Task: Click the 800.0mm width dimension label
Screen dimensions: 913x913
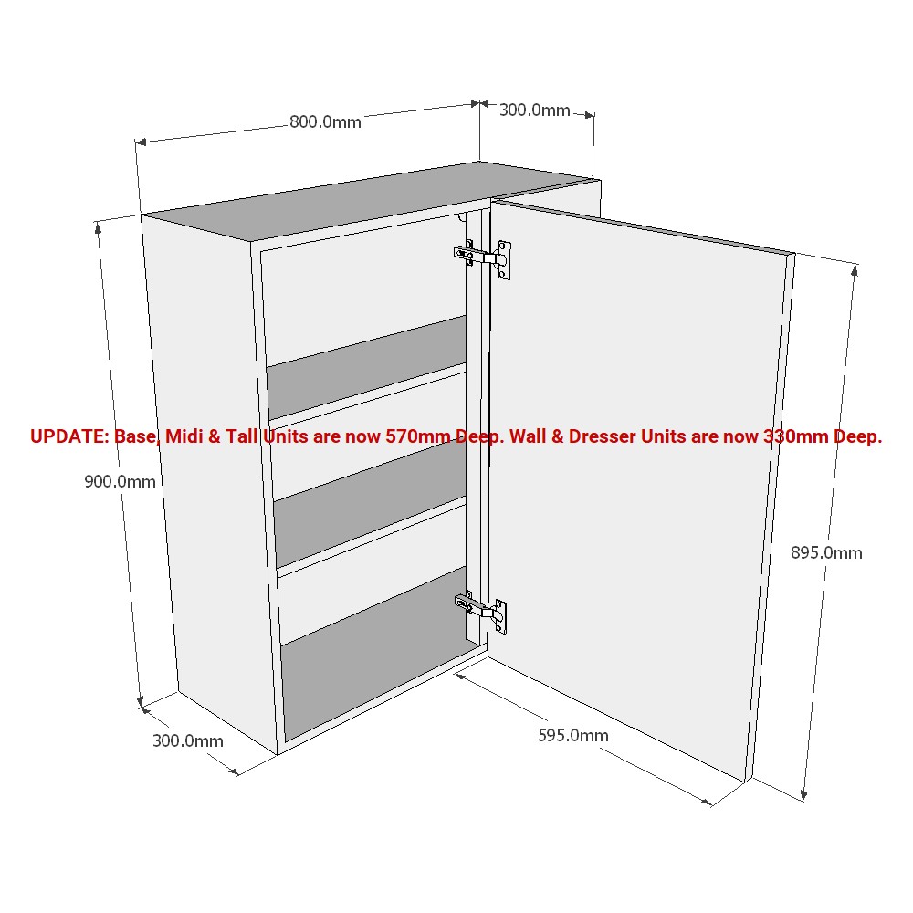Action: point(325,121)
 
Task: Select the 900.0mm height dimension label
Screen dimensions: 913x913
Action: point(120,481)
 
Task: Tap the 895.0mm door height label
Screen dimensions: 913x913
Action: point(826,552)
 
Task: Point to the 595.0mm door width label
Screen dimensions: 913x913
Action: point(573,735)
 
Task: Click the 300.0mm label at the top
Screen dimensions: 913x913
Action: point(534,110)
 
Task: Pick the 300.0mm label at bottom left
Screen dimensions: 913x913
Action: point(187,740)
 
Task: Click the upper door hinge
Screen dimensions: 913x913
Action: point(483,257)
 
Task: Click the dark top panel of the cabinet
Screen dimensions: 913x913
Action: point(367,199)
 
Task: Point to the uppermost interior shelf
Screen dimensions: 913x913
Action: point(367,368)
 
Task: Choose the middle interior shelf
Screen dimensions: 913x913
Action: point(371,504)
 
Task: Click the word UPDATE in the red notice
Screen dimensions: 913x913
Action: point(69,436)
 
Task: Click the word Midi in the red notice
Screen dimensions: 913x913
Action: point(183,436)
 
